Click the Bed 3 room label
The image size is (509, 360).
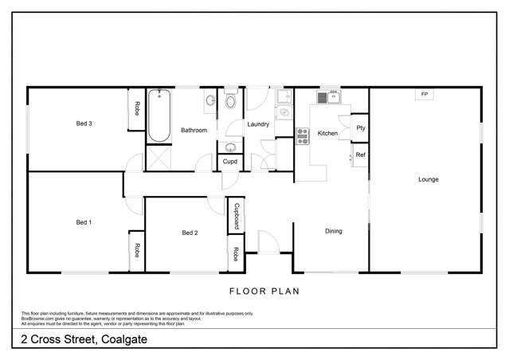point(84,123)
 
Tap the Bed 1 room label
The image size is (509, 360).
point(84,222)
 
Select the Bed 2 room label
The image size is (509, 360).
point(190,233)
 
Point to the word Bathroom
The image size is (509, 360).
point(194,130)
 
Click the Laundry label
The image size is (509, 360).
point(258,124)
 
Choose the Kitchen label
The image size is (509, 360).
point(327,133)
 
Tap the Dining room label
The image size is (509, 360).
point(333,232)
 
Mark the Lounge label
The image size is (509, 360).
point(428,179)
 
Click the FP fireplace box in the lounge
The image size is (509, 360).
point(424,95)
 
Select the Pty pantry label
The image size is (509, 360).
point(360,127)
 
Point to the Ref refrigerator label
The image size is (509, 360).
point(360,155)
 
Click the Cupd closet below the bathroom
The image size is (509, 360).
point(229,162)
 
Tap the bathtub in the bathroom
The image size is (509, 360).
point(158,116)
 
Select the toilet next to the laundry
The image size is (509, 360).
point(231,101)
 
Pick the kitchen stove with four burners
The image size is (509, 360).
point(303,135)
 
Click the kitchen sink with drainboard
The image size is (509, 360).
point(327,98)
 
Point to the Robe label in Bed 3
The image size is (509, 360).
point(137,110)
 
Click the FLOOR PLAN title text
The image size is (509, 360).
point(264,292)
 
